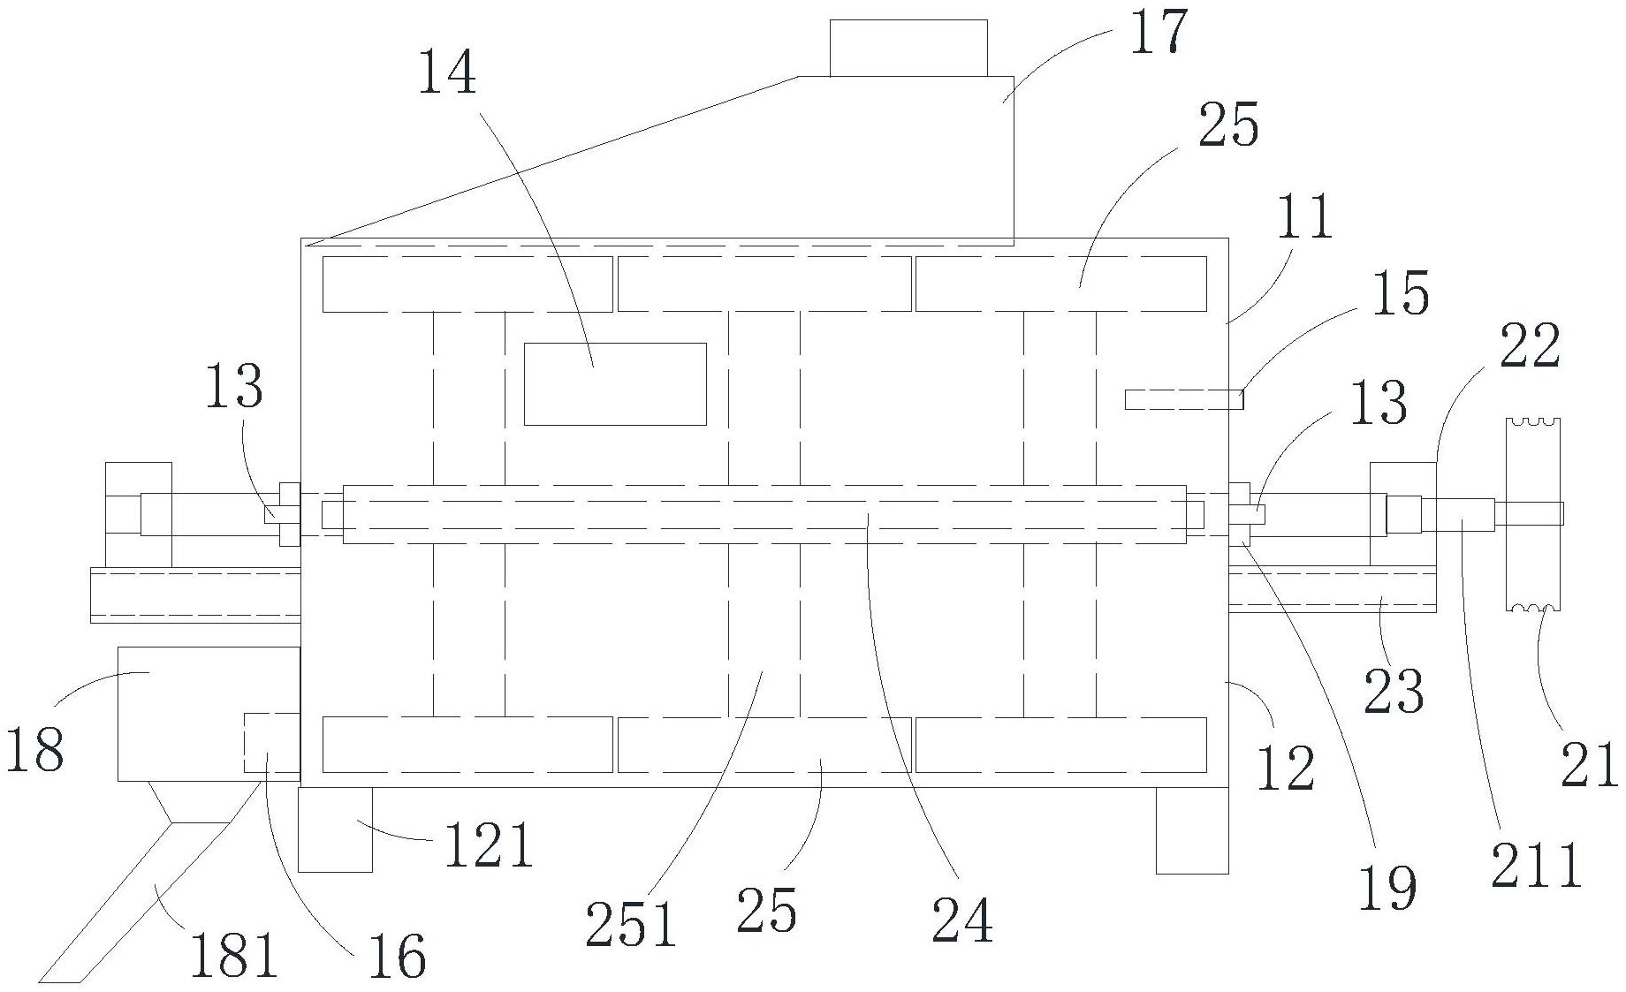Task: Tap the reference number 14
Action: [x=446, y=72]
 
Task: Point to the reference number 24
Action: [x=962, y=920]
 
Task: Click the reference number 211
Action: [x=1535, y=866]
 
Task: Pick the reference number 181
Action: [x=235, y=955]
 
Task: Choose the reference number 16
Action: [x=397, y=956]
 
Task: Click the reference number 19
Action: [x=1387, y=887]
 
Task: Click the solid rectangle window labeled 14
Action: [x=615, y=384]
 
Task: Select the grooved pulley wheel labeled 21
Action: [x=1533, y=514]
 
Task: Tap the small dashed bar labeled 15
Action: [x=1183, y=400]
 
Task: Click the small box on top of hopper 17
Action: [x=908, y=48]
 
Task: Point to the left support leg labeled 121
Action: [x=335, y=829]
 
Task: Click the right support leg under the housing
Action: [x=1192, y=829]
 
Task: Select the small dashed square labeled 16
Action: [x=271, y=742]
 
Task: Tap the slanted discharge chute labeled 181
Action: [x=133, y=901]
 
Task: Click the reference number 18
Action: [x=35, y=751]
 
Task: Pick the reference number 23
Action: [x=1394, y=693]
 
